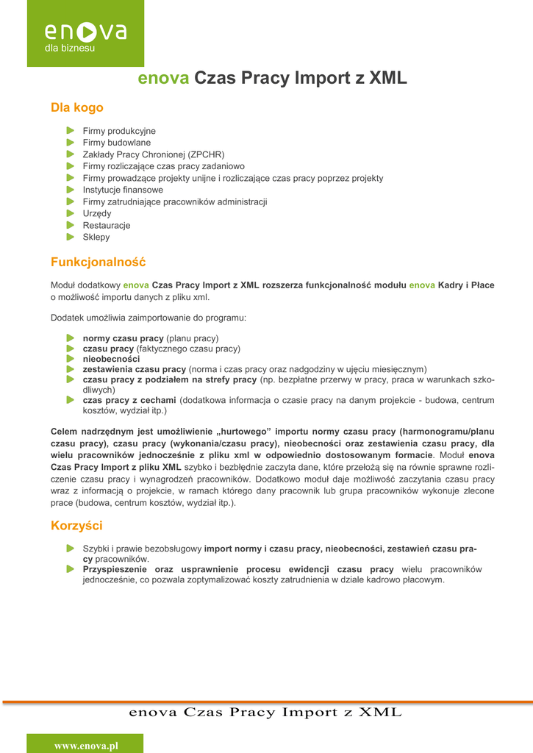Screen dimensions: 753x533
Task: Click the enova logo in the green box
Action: [x=85, y=32]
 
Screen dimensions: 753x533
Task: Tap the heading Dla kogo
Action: [x=76, y=108]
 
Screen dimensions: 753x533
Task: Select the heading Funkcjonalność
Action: [x=98, y=262]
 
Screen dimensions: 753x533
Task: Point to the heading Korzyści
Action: [x=76, y=526]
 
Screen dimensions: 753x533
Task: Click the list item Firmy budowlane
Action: [x=116, y=143]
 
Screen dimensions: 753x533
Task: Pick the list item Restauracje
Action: [x=106, y=225]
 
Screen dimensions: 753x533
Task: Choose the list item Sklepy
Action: [x=96, y=237]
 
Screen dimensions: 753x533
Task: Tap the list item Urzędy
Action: [x=97, y=213]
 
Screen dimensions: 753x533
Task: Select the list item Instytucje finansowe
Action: [x=123, y=190]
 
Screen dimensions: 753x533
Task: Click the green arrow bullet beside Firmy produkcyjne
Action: [x=71, y=131]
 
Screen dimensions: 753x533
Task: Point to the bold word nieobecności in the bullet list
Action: [x=111, y=359]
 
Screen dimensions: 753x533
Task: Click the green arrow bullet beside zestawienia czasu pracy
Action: [x=71, y=369]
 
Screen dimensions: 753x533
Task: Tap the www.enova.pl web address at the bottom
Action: [x=86, y=746]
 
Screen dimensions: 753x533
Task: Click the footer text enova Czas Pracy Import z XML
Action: [x=265, y=713]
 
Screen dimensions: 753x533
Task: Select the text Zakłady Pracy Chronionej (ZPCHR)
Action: [x=153, y=154]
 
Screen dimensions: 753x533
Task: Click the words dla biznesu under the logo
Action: [x=70, y=49]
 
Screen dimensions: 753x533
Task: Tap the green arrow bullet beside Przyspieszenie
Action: [x=71, y=569]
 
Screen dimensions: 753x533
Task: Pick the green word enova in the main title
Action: [x=164, y=79]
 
